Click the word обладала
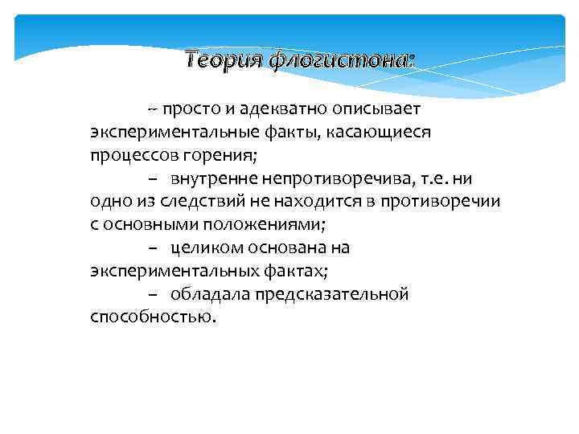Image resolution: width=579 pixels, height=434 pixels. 208,294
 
